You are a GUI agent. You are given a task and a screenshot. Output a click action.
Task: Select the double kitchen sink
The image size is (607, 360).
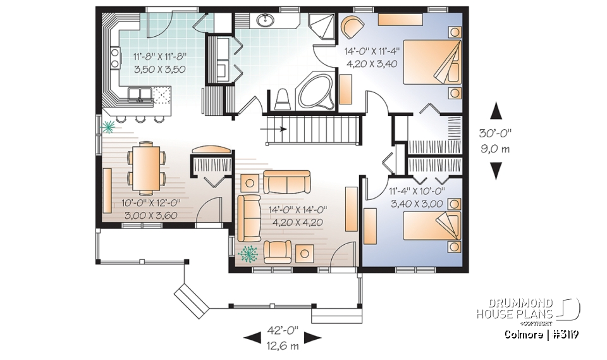[140, 95]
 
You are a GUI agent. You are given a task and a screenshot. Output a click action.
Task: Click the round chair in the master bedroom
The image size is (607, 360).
[352, 29]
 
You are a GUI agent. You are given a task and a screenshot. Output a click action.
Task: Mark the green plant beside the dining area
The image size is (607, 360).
[110, 127]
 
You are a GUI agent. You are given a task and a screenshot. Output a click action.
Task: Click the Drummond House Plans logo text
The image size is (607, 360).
[516, 308]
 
